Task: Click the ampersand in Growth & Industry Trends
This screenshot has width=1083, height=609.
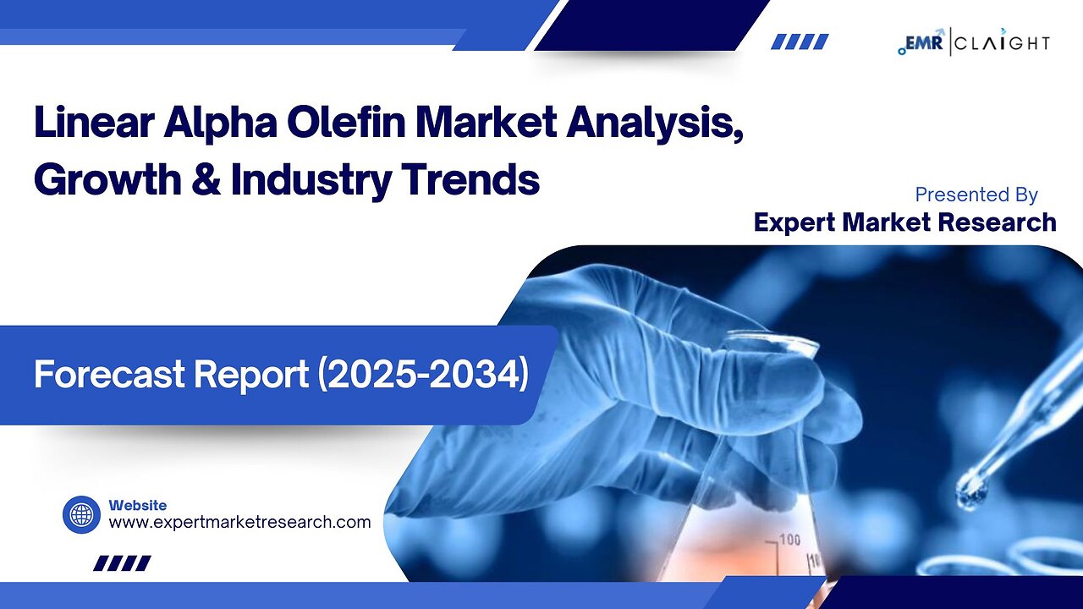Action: pos(210,179)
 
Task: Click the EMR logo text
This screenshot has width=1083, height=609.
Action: pos(925,41)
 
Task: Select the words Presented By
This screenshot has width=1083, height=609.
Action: pos(976,195)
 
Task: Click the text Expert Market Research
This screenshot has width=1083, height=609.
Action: pos(904,222)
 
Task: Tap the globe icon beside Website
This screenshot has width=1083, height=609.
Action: pos(81,514)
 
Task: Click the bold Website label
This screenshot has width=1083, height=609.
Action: pos(138,505)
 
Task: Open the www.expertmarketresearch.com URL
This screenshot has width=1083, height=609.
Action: pos(239,523)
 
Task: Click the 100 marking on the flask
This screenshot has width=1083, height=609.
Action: pos(790,540)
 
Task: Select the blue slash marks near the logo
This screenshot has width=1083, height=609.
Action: pos(800,41)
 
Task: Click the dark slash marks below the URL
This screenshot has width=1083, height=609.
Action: pos(122,563)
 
